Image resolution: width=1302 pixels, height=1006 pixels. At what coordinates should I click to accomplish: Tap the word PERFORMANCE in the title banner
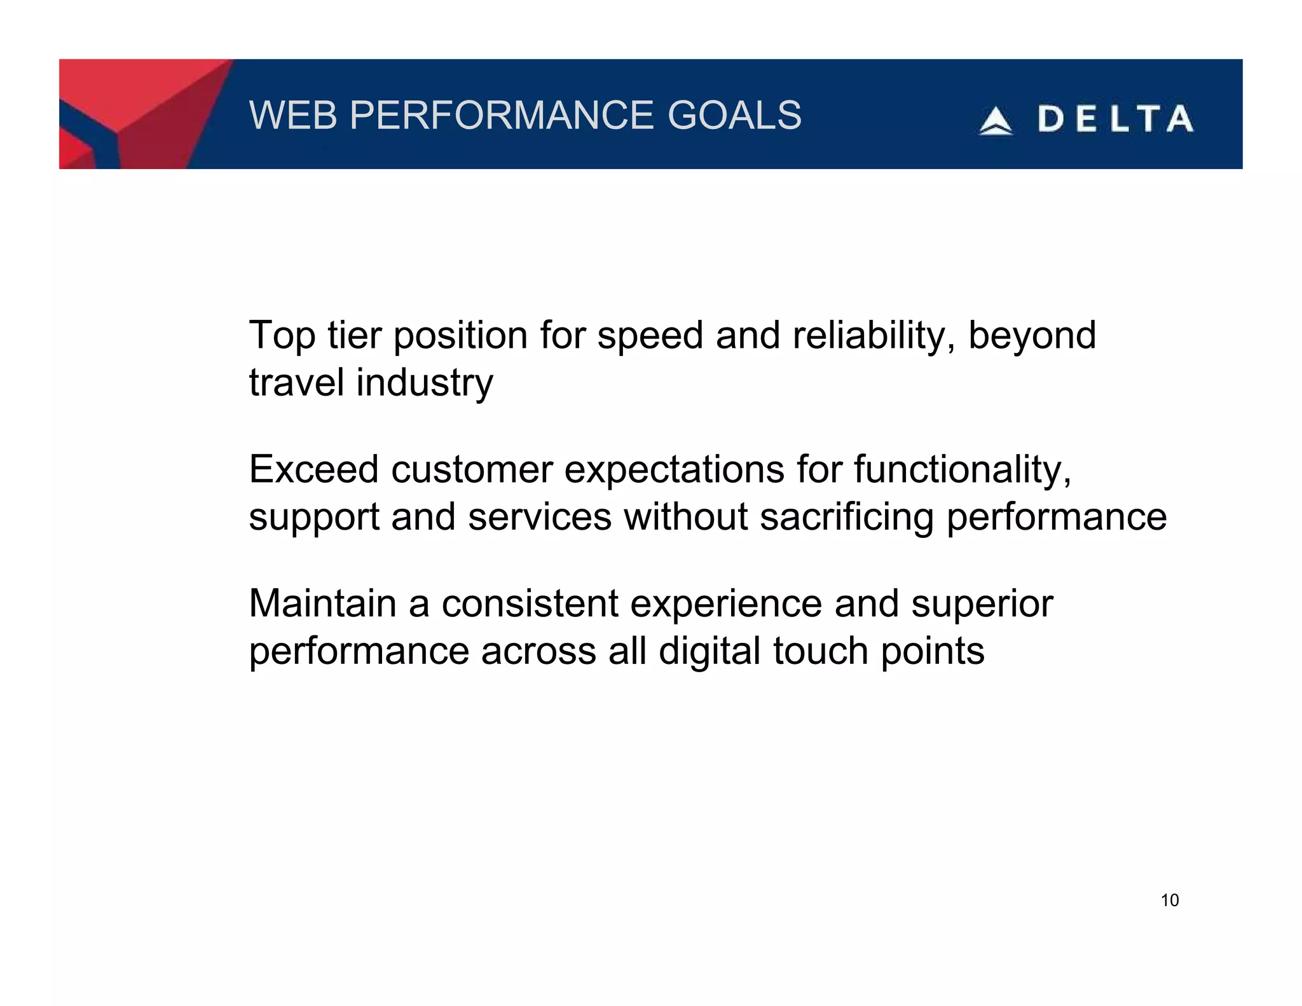coord(502,115)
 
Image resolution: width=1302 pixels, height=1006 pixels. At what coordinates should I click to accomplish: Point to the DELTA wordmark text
coord(1116,120)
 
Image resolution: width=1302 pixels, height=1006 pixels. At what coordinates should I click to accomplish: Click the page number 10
coord(1170,900)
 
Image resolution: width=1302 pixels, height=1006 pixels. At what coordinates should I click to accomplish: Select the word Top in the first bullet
coord(282,335)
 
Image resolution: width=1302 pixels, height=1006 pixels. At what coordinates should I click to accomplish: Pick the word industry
coord(424,383)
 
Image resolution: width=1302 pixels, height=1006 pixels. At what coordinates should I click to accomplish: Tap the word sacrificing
coord(846,517)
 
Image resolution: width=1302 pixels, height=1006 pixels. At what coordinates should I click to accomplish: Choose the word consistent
coord(530,603)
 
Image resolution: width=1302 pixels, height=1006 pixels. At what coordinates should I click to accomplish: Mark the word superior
coord(982,603)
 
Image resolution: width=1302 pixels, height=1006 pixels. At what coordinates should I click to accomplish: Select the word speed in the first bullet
coord(650,336)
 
